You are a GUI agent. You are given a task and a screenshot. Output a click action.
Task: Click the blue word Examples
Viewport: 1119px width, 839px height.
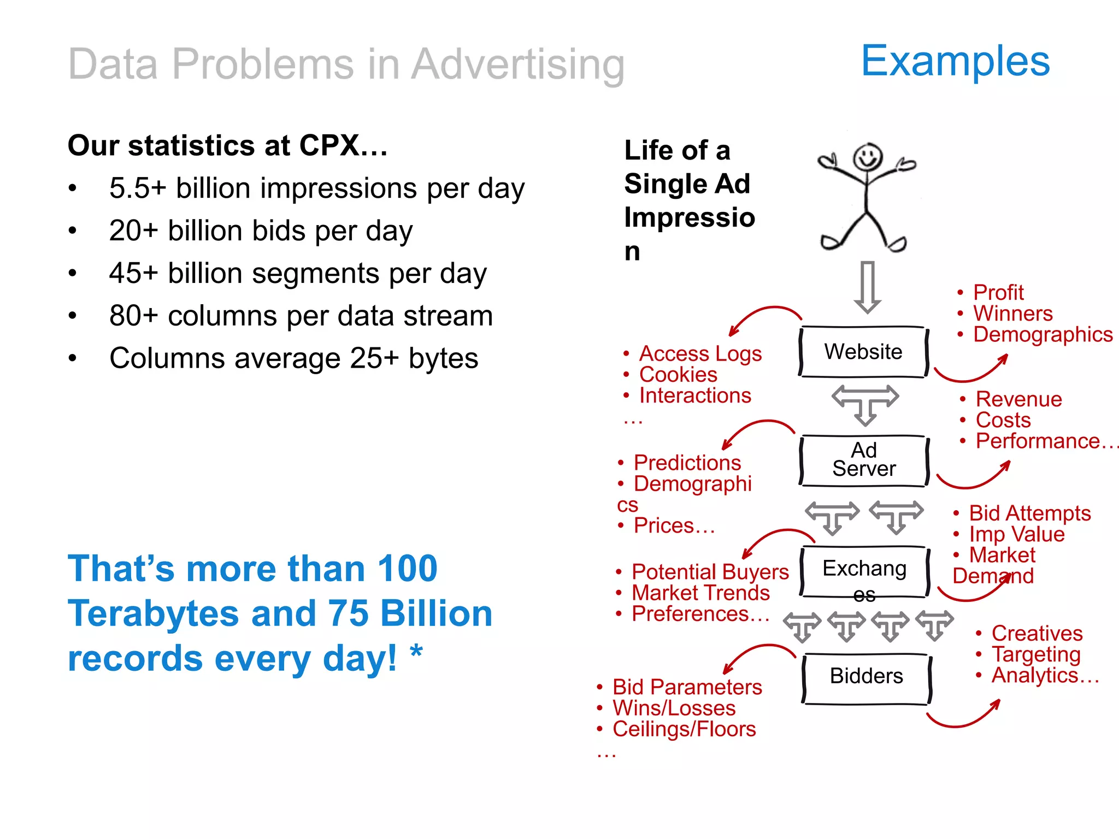point(955,61)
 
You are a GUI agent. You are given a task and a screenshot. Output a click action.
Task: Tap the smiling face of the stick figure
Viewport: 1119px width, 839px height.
point(868,157)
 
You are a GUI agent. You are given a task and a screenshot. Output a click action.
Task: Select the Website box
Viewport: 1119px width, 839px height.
point(863,352)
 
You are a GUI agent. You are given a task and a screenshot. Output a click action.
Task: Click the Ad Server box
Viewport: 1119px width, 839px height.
point(864,460)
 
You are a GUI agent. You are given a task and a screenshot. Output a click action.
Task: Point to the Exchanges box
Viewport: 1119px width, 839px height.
point(864,571)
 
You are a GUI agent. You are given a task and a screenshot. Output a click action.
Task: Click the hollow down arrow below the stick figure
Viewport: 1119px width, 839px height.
point(867,286)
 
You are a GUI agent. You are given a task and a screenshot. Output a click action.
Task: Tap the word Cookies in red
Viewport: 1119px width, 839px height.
point(678,375)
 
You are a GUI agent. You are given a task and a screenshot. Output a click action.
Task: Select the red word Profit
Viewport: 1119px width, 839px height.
point(998,293)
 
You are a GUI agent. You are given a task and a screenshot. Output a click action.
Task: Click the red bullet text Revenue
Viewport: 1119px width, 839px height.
point(1019,399)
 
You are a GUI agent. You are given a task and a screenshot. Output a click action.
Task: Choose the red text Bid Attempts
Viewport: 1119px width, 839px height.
point(1029,513)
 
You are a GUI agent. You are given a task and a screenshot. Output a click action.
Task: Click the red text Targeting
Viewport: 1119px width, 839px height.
point(1036,654)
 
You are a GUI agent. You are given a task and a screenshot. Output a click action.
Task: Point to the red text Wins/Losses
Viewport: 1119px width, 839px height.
point(674,708)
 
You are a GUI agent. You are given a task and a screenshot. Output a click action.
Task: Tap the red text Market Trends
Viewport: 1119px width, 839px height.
point(700,593)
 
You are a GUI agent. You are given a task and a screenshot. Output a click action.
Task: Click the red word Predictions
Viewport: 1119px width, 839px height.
point(687,463)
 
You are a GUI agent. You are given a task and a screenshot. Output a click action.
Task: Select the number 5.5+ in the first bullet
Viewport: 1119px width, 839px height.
point(137,188)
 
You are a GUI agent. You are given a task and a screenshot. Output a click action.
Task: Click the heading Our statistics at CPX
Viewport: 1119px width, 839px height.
point(227,146)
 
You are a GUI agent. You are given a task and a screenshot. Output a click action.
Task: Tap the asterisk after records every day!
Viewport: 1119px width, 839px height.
point(416,653)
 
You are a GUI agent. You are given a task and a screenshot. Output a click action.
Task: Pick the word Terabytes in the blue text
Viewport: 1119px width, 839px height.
point(154,613)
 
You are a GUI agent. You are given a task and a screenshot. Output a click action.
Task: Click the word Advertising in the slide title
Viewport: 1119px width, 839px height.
point(517,64)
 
